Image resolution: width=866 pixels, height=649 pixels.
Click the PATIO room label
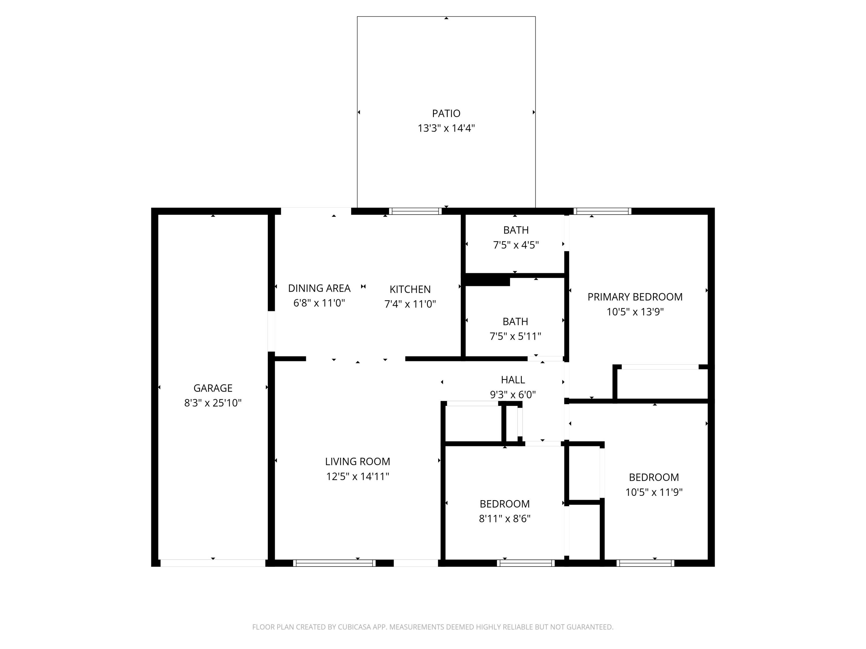coord(446,113)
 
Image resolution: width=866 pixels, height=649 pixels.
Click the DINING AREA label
coord(319,288)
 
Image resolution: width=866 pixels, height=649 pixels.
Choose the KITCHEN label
coord(410,290)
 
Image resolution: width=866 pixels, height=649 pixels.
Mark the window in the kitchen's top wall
coord(415,211)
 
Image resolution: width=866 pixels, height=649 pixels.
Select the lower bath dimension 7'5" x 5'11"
coord(515,336)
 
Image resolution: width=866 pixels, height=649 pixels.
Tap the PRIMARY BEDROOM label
coord(634,297)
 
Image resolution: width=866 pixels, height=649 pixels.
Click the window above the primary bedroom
coord(602,211)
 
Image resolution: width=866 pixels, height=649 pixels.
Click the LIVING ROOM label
coord(357,462)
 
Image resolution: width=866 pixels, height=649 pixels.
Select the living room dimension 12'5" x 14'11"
coord(357,477)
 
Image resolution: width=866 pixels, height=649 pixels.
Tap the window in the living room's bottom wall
coord(334,563)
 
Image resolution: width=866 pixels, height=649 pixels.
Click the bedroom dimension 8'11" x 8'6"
coord(504,519)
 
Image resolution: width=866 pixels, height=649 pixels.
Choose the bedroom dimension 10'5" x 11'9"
coord(654,492)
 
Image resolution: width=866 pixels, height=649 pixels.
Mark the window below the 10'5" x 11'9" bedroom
coord(645,563)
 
